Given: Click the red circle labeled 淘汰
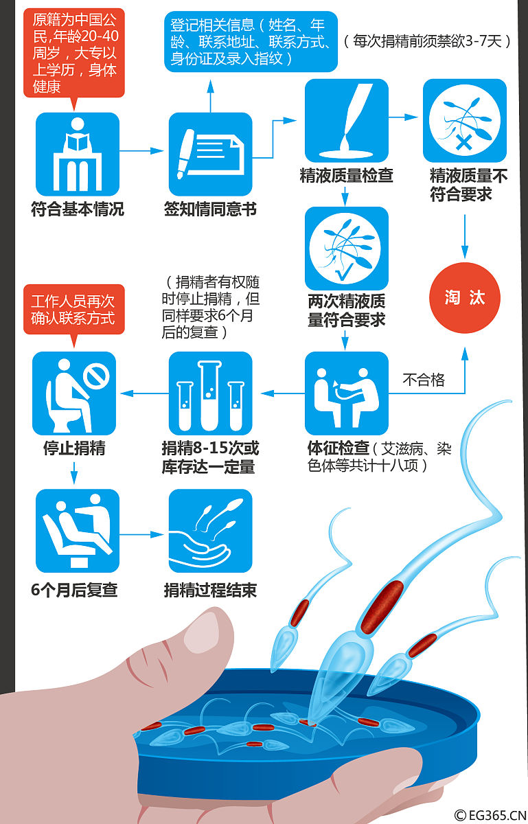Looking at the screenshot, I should [465, 298].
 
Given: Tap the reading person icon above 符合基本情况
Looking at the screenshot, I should [77, 154].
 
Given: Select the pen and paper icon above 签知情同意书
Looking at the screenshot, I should [211, 154].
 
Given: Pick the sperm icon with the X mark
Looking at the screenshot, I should [464, 121].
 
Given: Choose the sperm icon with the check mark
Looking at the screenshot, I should [346, 248].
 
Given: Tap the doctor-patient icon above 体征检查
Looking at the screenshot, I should [346, 393].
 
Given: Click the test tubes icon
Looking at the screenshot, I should [211, 393].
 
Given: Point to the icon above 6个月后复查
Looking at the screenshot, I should [77, 531].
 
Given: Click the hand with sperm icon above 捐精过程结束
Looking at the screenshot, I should [211, 531].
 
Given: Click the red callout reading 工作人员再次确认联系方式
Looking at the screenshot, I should [73, 309].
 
